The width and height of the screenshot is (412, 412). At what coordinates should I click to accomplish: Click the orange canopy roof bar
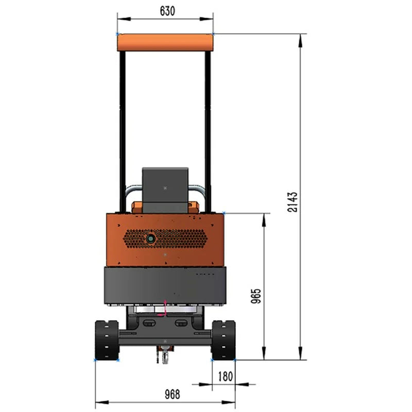(x=165, y=42)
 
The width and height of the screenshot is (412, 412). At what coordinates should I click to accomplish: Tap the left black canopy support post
(x=123, y=129)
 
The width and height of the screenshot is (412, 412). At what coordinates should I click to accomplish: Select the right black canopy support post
(x=208, y=129)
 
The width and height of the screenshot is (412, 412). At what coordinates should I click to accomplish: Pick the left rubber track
(x=107, y=340)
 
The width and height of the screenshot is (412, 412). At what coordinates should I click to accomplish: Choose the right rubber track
(x=224, y=340)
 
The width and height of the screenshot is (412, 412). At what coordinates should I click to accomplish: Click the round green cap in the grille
(x=151, y=238)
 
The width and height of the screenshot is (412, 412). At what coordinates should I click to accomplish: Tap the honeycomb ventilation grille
(x=180, y=238)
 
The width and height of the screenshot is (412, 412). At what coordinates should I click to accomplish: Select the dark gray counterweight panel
(x=165, y=286)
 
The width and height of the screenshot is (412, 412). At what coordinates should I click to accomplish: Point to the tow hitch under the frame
(x=164, y=354)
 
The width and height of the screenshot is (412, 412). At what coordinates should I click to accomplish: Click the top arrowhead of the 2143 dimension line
(x=299, y=38)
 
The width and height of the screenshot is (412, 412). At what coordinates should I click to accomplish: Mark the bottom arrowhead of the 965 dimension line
(x=264, y=356)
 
